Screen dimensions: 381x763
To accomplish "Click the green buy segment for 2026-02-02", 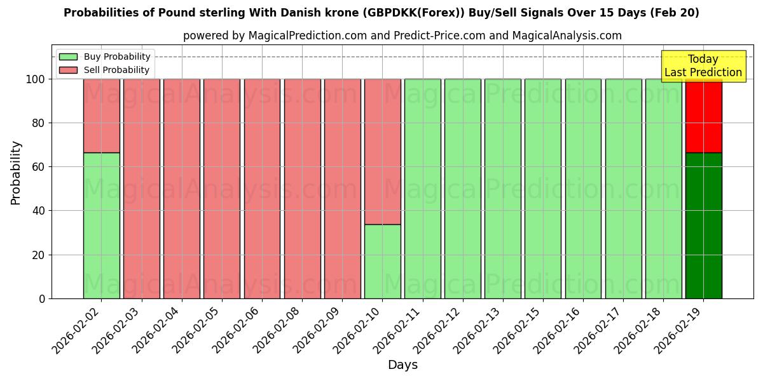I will pyautogui.click(x=101, y=225).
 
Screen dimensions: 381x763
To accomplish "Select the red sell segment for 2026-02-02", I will pyautogui.click(x=101, y=116).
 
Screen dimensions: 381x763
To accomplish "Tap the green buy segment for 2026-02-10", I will pyautogui.click(x=382, y=261).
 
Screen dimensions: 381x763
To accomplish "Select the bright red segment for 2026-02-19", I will pyautogui.click(x=703, y=116).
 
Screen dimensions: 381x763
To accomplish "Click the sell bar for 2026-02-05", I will pyautogui.click(x=222, y=189).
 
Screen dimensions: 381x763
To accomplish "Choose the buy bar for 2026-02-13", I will pyautogui.click(x=502, y=189).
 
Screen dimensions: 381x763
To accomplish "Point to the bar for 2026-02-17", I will pyautogui.click(x=623, y=189).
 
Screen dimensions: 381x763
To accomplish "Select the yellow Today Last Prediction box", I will pyautogui.click(x=703, y=66).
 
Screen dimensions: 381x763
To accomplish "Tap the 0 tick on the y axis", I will pyautogui.click(x=42, y=298).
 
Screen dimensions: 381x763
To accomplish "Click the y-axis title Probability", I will pyautogui.click(x=16, y=173).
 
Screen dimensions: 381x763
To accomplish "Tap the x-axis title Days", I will pyautogui.click(x=402, y=365).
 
